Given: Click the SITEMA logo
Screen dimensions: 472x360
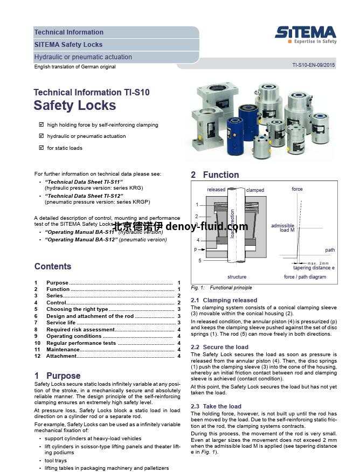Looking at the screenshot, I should tap(306, 33).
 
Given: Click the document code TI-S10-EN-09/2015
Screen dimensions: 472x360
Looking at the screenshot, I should tap(314, 65).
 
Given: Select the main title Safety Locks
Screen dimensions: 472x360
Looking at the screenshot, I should tap(75, 106).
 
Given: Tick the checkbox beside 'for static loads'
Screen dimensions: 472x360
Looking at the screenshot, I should tap(41, 148).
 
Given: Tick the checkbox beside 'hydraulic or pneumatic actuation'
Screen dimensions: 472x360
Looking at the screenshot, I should tap(41, 136).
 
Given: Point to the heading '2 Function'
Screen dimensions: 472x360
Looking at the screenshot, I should tap(215, 175).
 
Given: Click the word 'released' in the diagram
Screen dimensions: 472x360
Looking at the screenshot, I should tap(216, 190).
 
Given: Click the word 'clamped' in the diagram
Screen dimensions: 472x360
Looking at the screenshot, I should tap(255, 190).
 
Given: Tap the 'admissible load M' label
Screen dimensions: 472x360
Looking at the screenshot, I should tap(283, 228).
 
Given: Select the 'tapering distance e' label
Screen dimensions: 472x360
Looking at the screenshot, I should tap(314, 268).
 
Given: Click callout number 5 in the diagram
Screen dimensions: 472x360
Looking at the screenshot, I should tap(199, 261).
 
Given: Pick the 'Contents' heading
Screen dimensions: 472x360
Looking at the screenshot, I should tap(53, 266).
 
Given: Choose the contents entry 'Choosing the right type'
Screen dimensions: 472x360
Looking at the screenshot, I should tap(78, 309).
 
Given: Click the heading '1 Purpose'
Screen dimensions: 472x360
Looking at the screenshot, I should tap(58, 376).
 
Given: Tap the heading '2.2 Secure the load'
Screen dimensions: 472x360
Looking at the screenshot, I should tap(219, 347).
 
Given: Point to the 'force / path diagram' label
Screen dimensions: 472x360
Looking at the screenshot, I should tap(305, 277).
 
